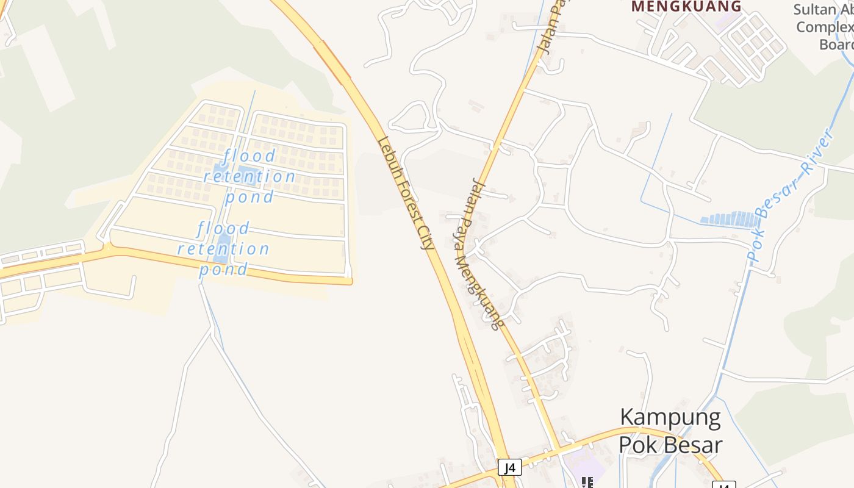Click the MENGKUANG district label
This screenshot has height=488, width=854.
pos(686,7)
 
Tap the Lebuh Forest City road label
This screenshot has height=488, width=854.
pos(406,193)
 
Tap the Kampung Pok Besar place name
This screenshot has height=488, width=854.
pos(670,431)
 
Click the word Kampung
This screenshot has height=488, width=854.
pos(670,418)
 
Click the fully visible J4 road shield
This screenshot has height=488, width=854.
pos(509,468)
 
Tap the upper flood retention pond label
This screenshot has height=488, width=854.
pos(249,177)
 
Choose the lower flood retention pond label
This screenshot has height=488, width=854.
pos(223,249)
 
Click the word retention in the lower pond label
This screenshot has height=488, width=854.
pos(223,249)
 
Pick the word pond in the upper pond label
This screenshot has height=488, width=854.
pos(249,197)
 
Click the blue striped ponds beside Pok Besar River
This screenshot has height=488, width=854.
pos(729,218)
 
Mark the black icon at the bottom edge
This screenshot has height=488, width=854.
pos(587,483)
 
